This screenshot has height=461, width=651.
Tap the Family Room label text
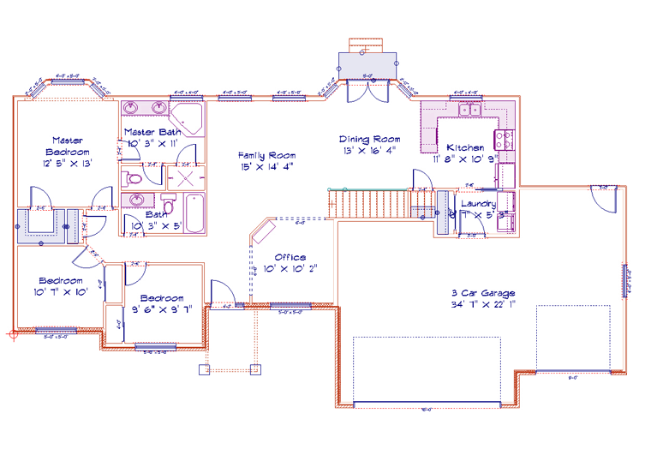(x=266, y=155)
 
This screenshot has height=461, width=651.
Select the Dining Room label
(x=369, y=139)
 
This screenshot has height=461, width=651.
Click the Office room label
(x=290, y=257)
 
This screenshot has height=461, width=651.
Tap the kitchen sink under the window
(x=469, y=110)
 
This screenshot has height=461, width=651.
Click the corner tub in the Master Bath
(x=187, y=119)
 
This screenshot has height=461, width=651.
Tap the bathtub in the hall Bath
(x=194, y=213)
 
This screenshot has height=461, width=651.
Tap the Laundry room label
(x=478, y=203)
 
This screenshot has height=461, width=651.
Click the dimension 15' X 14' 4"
(x=266, y=166)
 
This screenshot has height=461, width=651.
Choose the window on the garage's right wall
(x=623, y=278)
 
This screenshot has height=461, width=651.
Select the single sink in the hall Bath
(x=138, y=201)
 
